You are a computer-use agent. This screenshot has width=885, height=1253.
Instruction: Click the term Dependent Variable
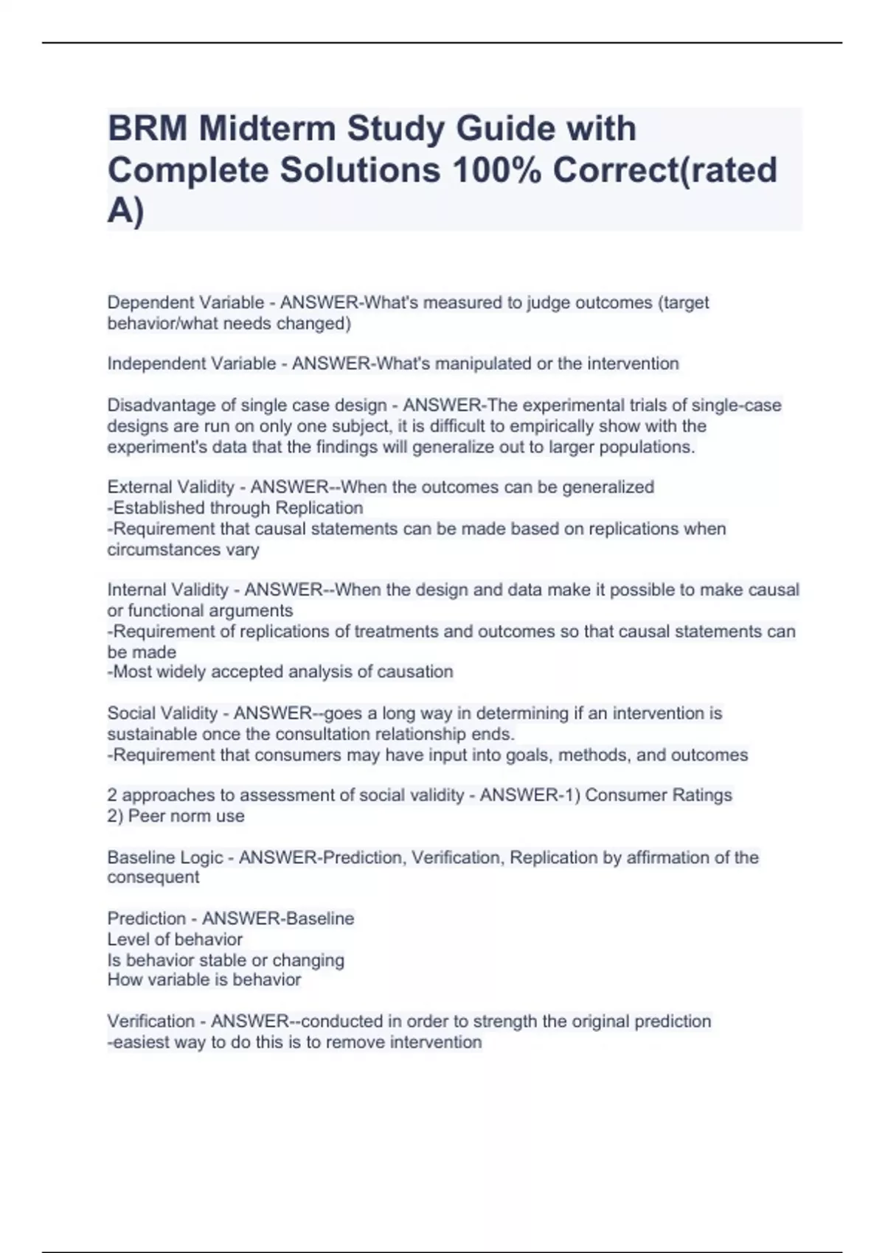click(186, 303)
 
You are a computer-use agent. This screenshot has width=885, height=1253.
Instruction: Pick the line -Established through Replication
click(235, 508)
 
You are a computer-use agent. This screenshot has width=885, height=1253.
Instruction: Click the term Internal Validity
click(168, 590)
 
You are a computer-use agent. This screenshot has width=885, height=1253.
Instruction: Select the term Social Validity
click(163, 713)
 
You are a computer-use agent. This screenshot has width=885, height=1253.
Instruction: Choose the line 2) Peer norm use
click(176, 816)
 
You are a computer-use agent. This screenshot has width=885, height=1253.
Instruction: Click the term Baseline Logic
click(165, 858)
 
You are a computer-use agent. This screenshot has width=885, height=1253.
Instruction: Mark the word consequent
click(153, 878)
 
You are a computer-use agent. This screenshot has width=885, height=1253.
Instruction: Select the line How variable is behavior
click(204, 980)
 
